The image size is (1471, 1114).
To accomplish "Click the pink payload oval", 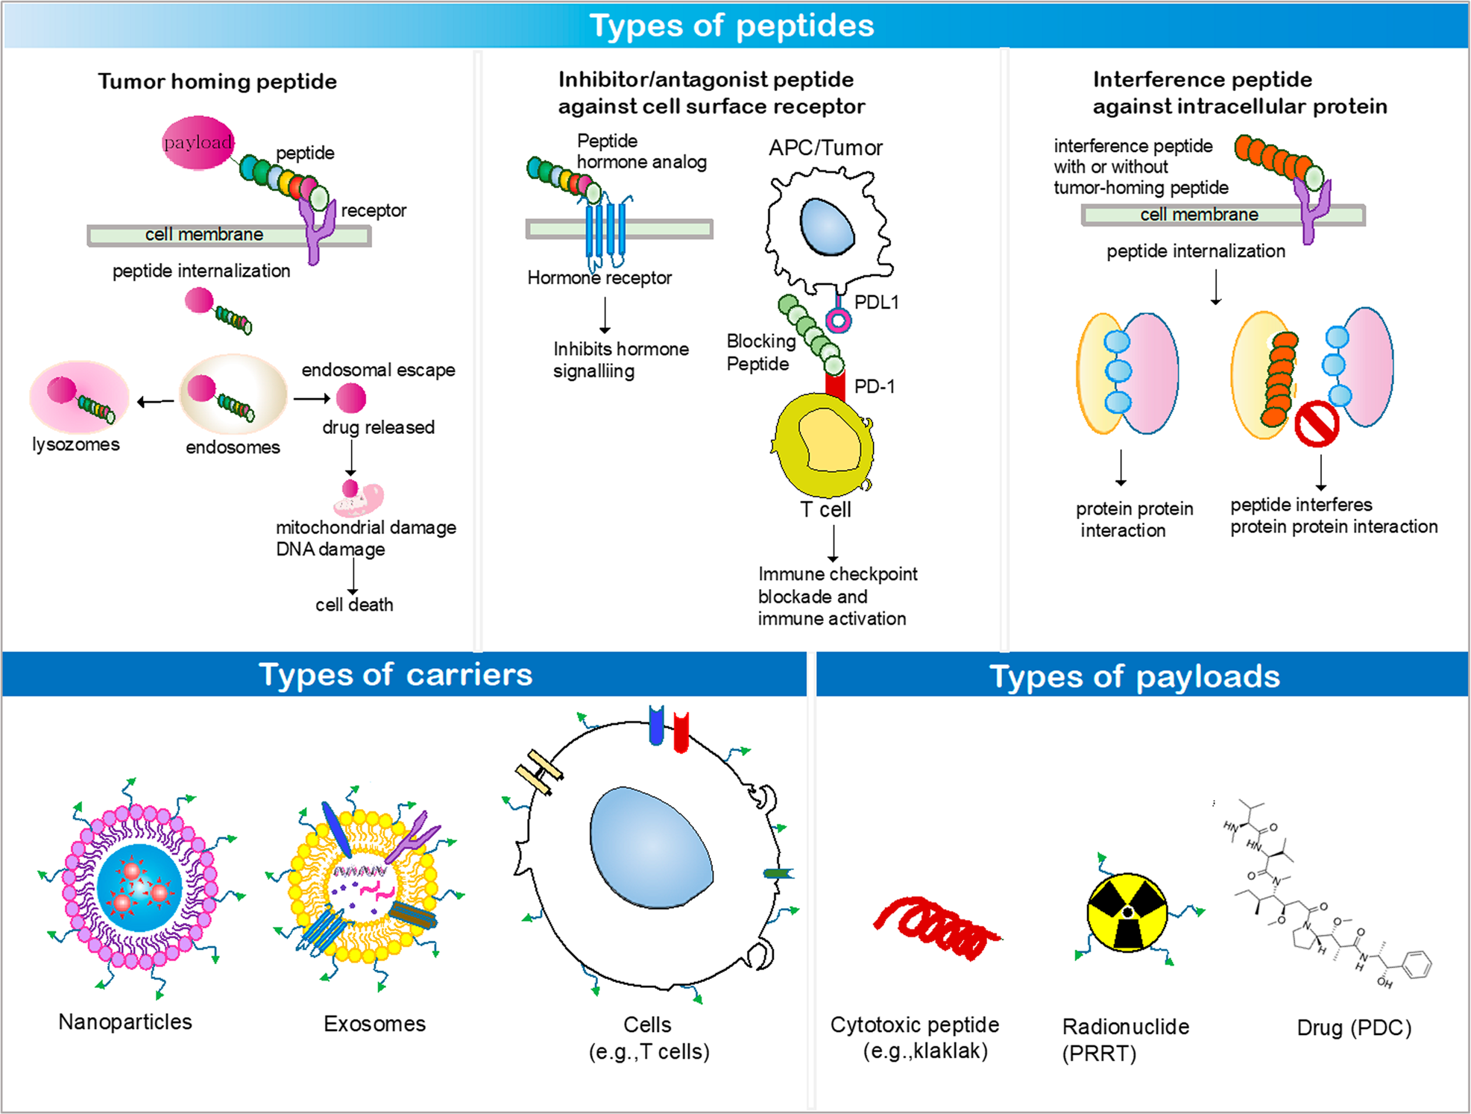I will click(198, 142).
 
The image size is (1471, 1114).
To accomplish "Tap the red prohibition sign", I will click(1317, 424).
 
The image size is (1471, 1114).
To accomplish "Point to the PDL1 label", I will click(876, 302).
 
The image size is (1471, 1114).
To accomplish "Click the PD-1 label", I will click(874, 386).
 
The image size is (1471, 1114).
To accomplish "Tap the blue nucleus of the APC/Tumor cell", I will click(827, 227).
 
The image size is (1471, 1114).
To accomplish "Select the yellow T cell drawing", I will click(824, 446).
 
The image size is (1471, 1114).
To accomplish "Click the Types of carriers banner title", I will click(395, 674).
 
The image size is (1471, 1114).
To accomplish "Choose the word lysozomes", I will click(75, 444).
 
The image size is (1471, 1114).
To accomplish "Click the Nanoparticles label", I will click(125, 1022).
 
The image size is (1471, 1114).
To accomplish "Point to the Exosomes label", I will click(374, 1024).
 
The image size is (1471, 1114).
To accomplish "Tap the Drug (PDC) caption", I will click(1354, 1028).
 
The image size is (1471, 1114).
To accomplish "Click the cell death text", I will click(354, 605).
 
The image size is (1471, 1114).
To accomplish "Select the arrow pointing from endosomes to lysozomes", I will click(155, 402).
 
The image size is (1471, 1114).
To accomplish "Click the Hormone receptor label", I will click(599, 278).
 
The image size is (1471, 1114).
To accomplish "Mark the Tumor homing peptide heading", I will click(217, 81).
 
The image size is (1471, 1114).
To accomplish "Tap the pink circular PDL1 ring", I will click(838, 321).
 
